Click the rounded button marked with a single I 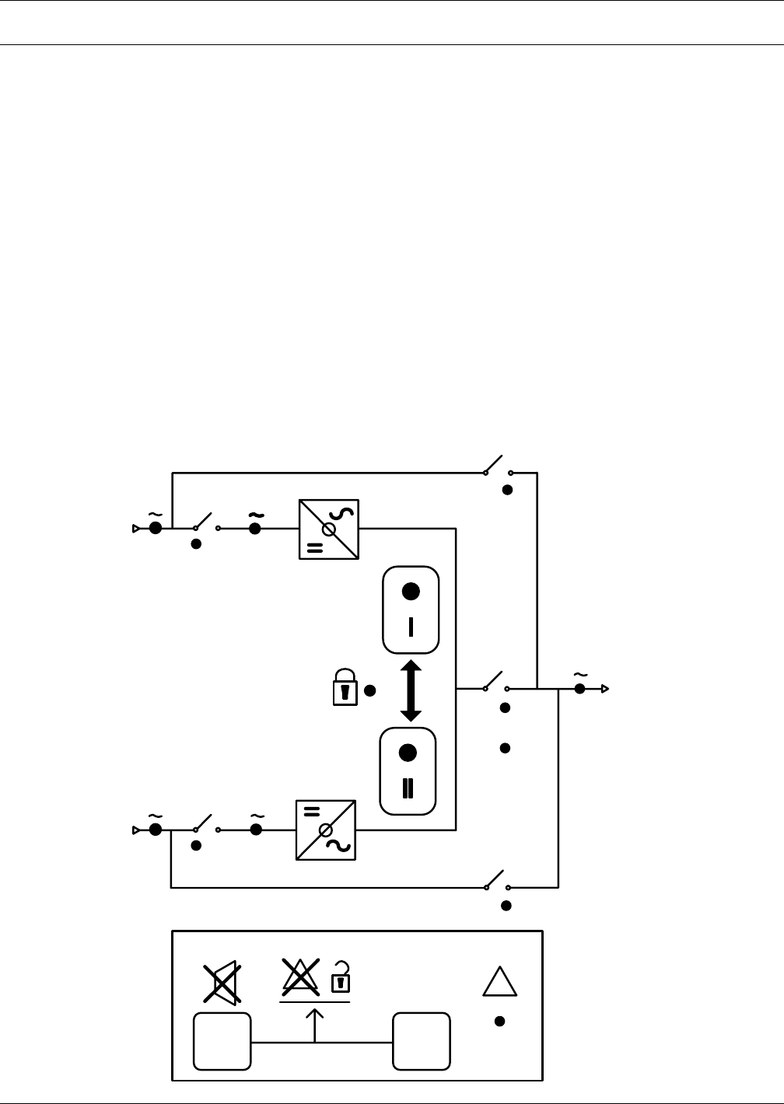411,610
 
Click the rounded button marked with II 408,770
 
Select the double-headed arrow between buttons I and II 411,690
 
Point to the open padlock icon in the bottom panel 341,977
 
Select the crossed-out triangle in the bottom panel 300,977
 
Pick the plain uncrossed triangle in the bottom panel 500,982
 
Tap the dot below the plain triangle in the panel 500,1021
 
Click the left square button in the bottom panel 222,1041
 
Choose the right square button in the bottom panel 422,1041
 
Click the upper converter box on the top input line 329,529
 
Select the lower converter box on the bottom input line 326,830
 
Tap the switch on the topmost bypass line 497,466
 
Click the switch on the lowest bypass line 497,881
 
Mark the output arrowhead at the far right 604,689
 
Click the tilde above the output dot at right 579,675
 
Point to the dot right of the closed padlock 370,690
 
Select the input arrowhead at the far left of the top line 136,529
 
